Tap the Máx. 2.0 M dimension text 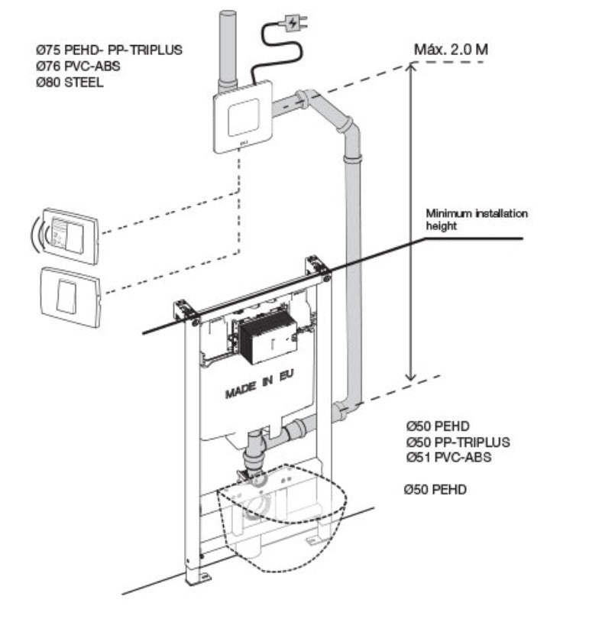[x=451, y=50]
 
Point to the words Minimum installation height [x=476, y=219]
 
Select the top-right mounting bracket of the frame [x=317, y=264]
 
